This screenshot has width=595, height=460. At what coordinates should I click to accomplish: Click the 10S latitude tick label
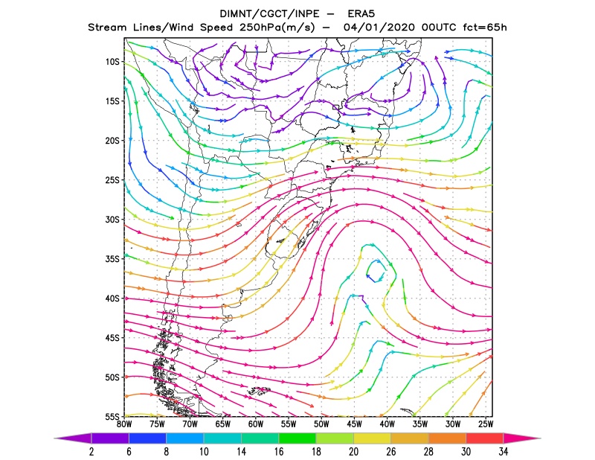pyautogui.click(x=112, y=62)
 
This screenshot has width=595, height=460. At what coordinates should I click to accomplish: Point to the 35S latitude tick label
pyautogui.click(x=112, y=259)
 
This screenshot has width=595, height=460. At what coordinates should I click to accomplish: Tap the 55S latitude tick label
pyautogui.click(x=112, y=417)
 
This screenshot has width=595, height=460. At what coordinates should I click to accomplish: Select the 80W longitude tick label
pyautogui.click(x=124, y=424)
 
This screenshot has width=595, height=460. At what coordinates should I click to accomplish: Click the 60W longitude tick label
pyautogui.click(x=256, y=424)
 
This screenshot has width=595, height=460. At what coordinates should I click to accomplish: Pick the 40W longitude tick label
pyautogui.click(x=387, y=424)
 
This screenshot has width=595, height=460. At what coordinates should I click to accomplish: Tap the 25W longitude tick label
pyautogui.click(x=486, y=424)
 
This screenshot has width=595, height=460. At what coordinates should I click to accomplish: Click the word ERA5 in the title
pyautogui.click(x=361, y=14)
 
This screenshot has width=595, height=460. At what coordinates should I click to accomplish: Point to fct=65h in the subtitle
pyautogui.click(x=485, y=28)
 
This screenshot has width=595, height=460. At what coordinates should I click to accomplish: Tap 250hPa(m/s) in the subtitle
pyautogui.click(x=277, y=28)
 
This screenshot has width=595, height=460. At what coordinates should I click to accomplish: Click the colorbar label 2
pyautogui.click(x=91, y=452)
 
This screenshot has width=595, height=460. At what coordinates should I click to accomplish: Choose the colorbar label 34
pyautogui.click(x=504, y=452)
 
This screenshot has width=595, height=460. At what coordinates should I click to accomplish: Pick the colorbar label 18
pyautogui.click(x=316, y=452)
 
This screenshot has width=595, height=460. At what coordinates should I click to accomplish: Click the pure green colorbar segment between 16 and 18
pyautogui.click(x=297, y=438)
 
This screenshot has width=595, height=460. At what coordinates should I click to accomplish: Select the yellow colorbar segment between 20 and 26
pyautogui.click(x=373, y=438)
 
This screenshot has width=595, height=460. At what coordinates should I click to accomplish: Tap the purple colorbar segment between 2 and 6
pyautogui.click(x=110, y=438)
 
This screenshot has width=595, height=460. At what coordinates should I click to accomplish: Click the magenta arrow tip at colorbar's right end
pyautogui.click(x=522, y=438)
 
